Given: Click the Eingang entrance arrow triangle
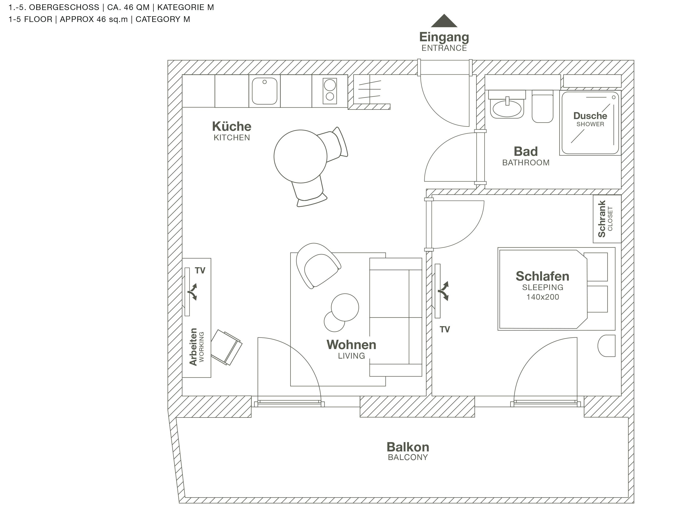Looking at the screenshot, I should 444,21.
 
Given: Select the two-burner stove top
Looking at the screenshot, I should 329,91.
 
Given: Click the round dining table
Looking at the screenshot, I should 300,156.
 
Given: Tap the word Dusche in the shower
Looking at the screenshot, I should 590,116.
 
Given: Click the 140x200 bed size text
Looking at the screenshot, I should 542,297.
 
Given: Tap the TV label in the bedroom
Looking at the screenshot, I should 445,329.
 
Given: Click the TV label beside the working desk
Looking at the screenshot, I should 200,271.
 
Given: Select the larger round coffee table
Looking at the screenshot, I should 345,307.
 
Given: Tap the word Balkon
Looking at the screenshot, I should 408,447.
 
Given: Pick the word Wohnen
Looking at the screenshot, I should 351,345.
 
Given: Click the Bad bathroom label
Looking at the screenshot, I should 525,152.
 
